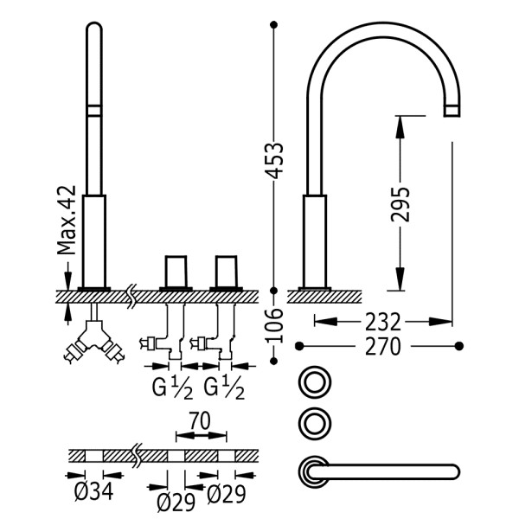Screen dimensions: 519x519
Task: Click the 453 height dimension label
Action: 274,160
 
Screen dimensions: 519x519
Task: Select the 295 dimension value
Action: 400,204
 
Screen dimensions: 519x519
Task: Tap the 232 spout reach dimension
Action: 383,322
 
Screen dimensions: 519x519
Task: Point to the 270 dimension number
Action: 383,347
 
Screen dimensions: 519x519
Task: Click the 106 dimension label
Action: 274,325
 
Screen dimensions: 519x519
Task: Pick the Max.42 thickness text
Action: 67,220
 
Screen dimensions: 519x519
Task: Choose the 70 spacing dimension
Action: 200,420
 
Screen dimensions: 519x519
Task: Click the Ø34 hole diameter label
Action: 94,491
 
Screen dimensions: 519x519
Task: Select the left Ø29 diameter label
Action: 176,503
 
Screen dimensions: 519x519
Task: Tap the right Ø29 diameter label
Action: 227,494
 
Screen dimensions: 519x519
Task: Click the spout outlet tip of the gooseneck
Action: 452,111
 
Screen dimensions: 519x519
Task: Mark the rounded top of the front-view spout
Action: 94,27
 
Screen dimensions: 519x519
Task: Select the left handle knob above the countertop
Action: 176,272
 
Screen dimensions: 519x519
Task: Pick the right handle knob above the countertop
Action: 227,272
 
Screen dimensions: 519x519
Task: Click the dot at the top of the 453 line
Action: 273,24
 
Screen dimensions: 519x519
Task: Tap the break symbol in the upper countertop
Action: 131,296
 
